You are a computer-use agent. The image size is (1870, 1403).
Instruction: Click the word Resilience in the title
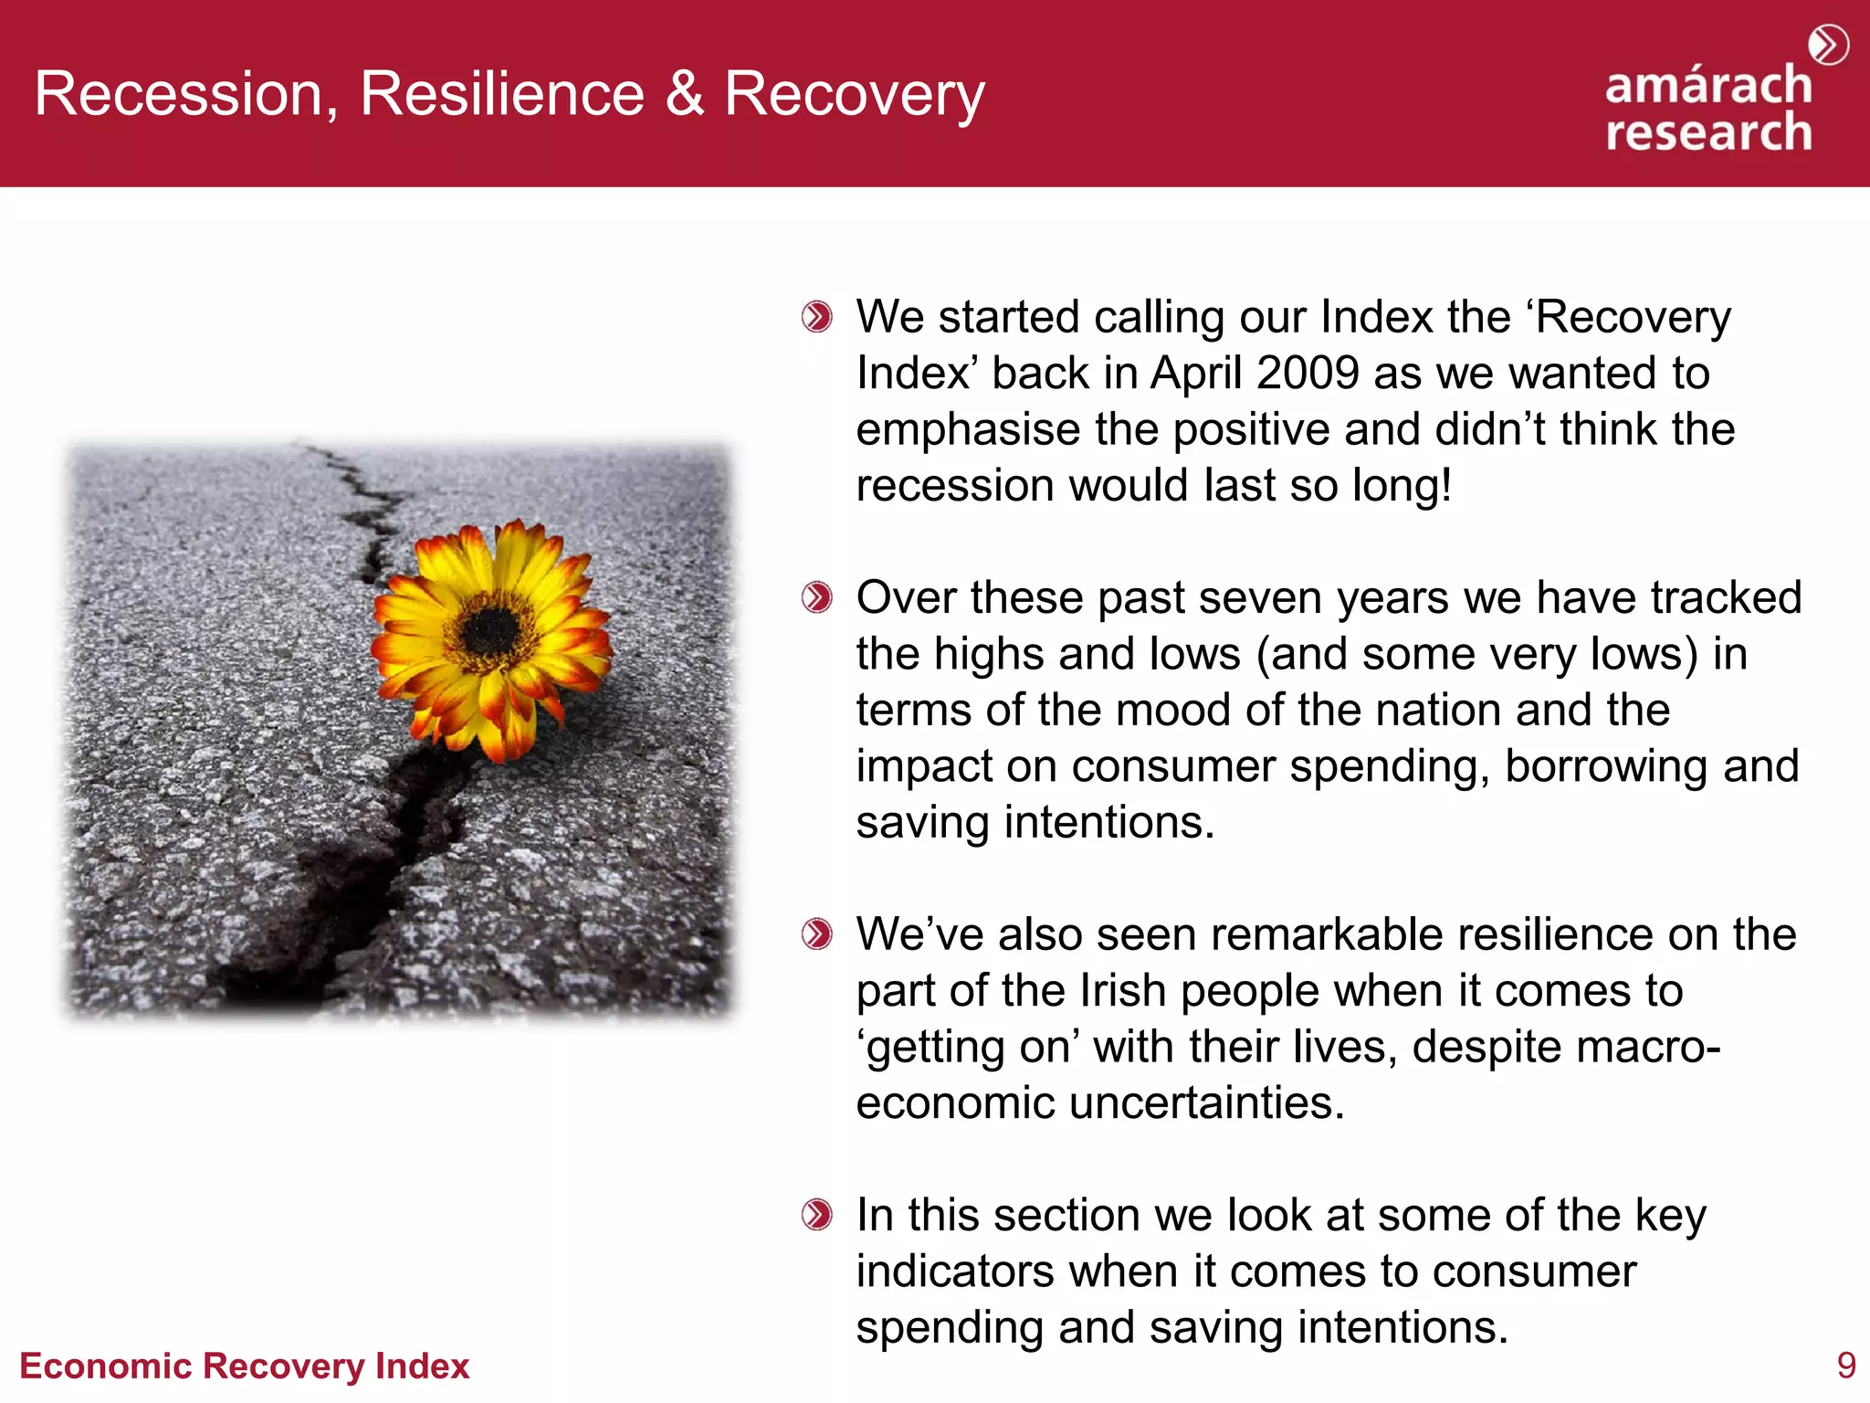[502, 93]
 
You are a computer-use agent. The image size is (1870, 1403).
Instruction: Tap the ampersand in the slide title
[685, 93]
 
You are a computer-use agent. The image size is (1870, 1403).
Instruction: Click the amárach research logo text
[1708, 109]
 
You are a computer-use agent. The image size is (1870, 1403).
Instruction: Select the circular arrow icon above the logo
[1828, 45]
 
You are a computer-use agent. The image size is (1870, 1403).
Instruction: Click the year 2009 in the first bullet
[1308, 374]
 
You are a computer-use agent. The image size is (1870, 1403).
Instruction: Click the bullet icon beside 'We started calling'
[816, 318]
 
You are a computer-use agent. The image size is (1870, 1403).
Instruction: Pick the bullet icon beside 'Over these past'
[816, 598]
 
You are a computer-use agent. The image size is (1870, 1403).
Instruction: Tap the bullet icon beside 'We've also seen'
[816, 934]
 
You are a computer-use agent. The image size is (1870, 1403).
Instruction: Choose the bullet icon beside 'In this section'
[816, 1216]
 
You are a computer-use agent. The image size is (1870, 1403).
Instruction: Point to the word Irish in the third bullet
[1122, 991]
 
